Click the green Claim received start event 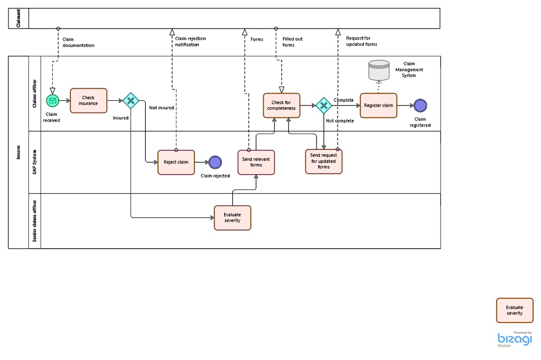click(x=52, y=100)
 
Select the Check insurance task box click(x=88, y=100)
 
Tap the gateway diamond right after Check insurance click(x=130, y=100)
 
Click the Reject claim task click(x=176, y=162)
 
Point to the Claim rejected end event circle click(x=215, y=162)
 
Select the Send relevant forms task click(x=256, y=162)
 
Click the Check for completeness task click(x=282, y=106)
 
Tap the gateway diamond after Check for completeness click(x=323, y=106)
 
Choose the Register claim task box click(x=378, y=106)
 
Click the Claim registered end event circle click(x=420, y=106)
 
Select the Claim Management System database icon click(x=378, y=70)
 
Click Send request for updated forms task click(x=323, y=162)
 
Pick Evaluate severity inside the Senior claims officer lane click(x=232, y=217)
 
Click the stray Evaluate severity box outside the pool click(x=515, y=310)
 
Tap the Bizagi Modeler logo click(x=515, y=339)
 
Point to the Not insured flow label click(x=161, y=108)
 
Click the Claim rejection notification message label click(x=190, y=42)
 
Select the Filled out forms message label click(x=292, y=42)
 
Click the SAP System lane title click(x=35, y=162)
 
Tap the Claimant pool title click(x=18, y=18)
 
